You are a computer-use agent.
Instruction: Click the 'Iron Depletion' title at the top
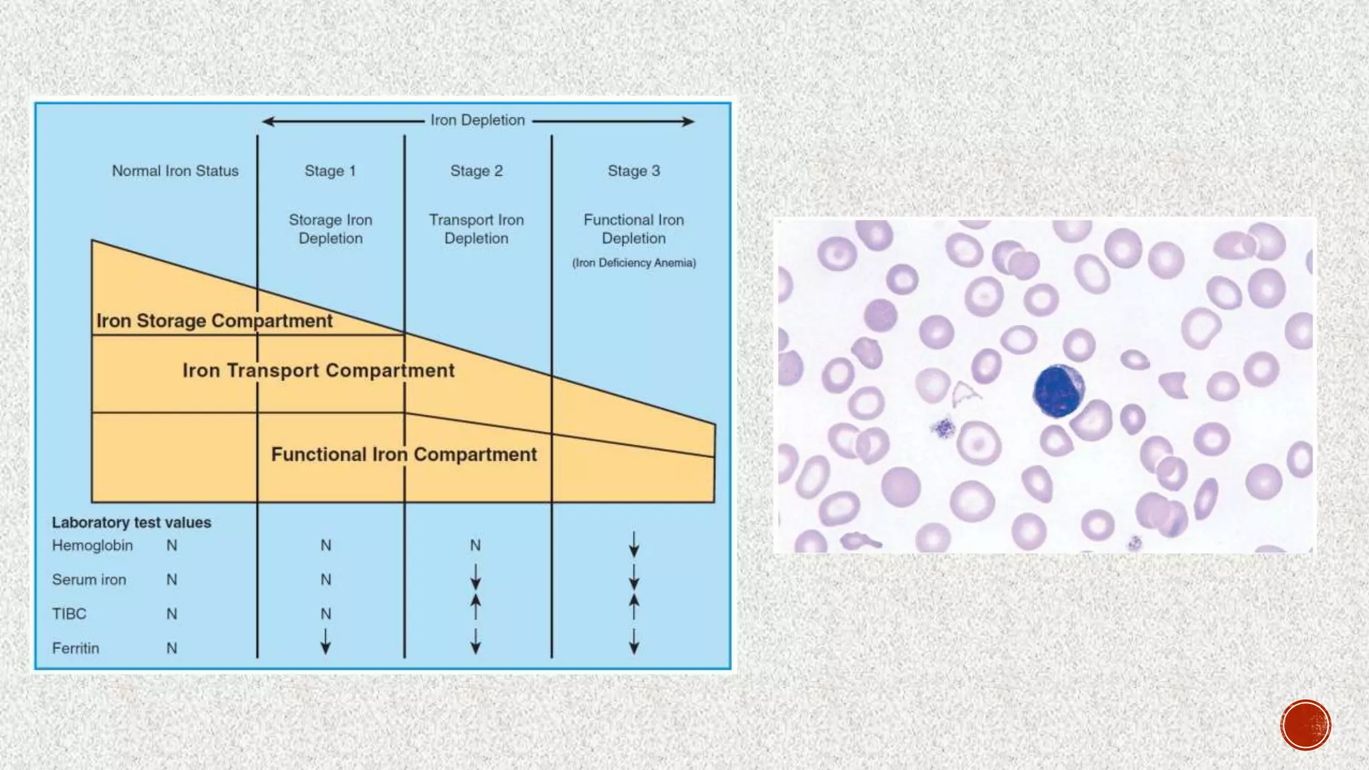477,120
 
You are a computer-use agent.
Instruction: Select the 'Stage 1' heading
330,171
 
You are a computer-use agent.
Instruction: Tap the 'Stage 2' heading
476,171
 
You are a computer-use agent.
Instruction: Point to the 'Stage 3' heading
634,171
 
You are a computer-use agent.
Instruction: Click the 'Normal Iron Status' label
175,171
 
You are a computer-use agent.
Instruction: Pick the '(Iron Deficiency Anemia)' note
634,263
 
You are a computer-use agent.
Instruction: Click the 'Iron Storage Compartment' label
214,321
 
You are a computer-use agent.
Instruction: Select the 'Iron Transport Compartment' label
318,370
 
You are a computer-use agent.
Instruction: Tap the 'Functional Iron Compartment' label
404,455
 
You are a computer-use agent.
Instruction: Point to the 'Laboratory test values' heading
132,523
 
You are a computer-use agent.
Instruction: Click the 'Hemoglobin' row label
92,545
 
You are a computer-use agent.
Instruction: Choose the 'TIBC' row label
70,614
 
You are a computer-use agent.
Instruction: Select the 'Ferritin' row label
76,648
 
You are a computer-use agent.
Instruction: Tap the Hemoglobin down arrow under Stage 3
634,544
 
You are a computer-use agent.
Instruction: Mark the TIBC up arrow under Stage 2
475,607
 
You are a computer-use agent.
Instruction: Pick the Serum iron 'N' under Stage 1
326,580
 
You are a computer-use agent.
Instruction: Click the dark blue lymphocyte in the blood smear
1058,391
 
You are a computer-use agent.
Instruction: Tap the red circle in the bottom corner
1305,725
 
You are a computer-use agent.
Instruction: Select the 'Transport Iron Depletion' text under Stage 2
476,229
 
